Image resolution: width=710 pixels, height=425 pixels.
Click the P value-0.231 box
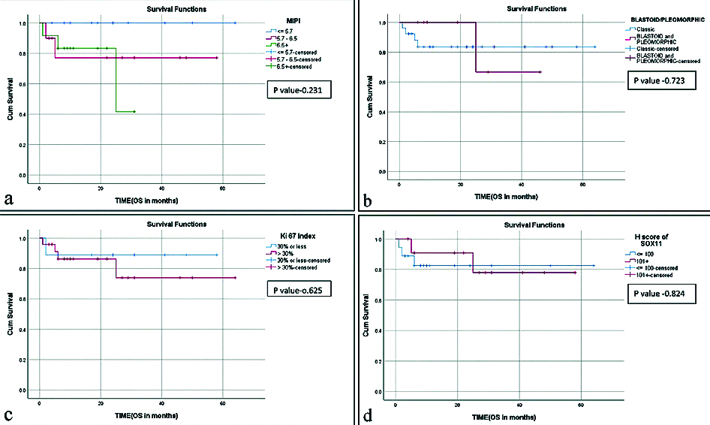coord(299,90)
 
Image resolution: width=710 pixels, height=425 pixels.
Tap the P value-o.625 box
coord(299,288)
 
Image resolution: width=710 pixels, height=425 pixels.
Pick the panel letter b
coord(367,199)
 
